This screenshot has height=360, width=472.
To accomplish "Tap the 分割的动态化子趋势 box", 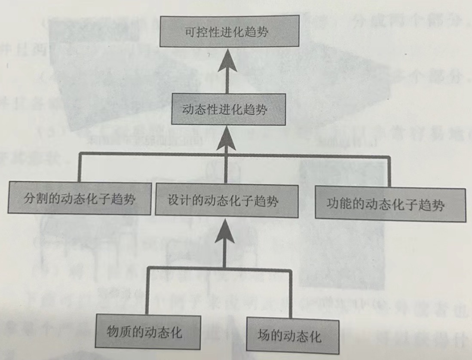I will (x=79, y=199).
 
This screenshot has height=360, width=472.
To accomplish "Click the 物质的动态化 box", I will (x=149, y=332).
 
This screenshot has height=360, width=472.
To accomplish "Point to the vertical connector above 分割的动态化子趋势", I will (x=79, y=169).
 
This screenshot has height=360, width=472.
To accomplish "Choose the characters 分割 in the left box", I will (x=31, y=199).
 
